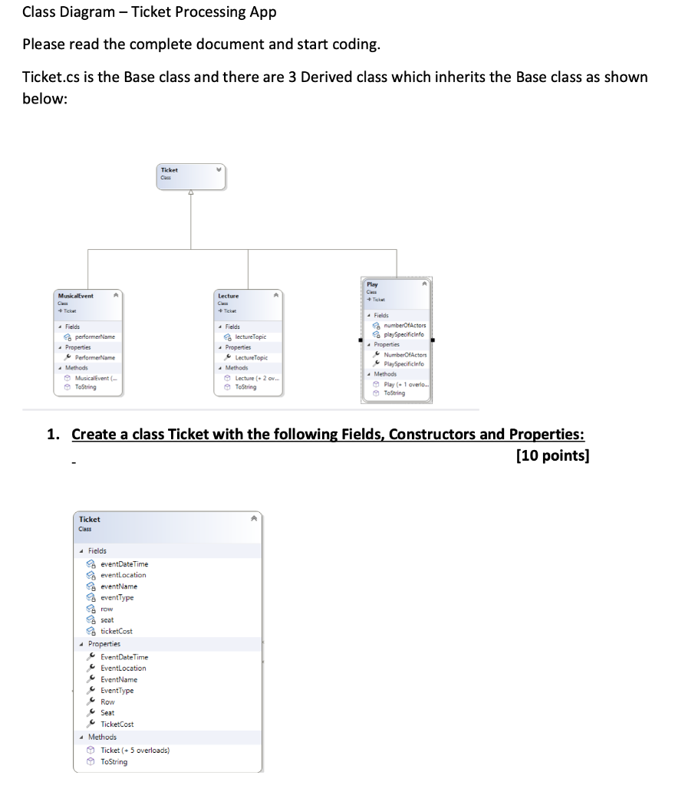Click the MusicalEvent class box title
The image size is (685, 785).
coord(76,296)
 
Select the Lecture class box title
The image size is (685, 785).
coord(229,296)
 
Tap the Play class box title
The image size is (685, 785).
coord(373,284)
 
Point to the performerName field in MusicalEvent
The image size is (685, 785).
coord(95,337)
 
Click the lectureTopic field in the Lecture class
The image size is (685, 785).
coord(251,337)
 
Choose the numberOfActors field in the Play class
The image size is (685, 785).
coord(405,325)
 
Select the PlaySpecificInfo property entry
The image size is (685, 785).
coord(406,363)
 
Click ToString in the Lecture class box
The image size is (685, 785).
coord(246,387)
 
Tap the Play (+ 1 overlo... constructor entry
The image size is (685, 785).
coord(407,384)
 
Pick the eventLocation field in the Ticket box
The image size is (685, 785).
coord(123,575)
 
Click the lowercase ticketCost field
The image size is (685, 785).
coord(117,631)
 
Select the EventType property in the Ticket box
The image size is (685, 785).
coord(117,691)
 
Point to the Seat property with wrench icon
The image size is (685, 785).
coord(107,713)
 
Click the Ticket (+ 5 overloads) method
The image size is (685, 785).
coord(135,751)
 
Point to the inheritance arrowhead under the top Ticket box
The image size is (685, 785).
coord(190,194)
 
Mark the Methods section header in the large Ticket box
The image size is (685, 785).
coord(102,737)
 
